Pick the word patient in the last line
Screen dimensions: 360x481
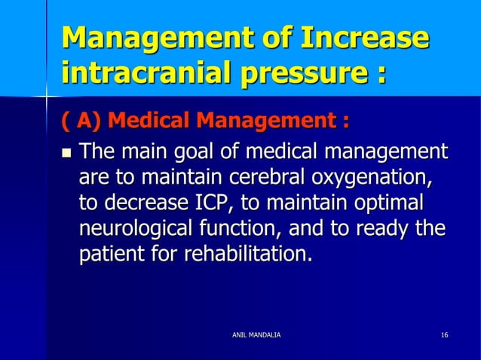[x=109, y=255]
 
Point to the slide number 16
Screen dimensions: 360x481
[x=445, y=333]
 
